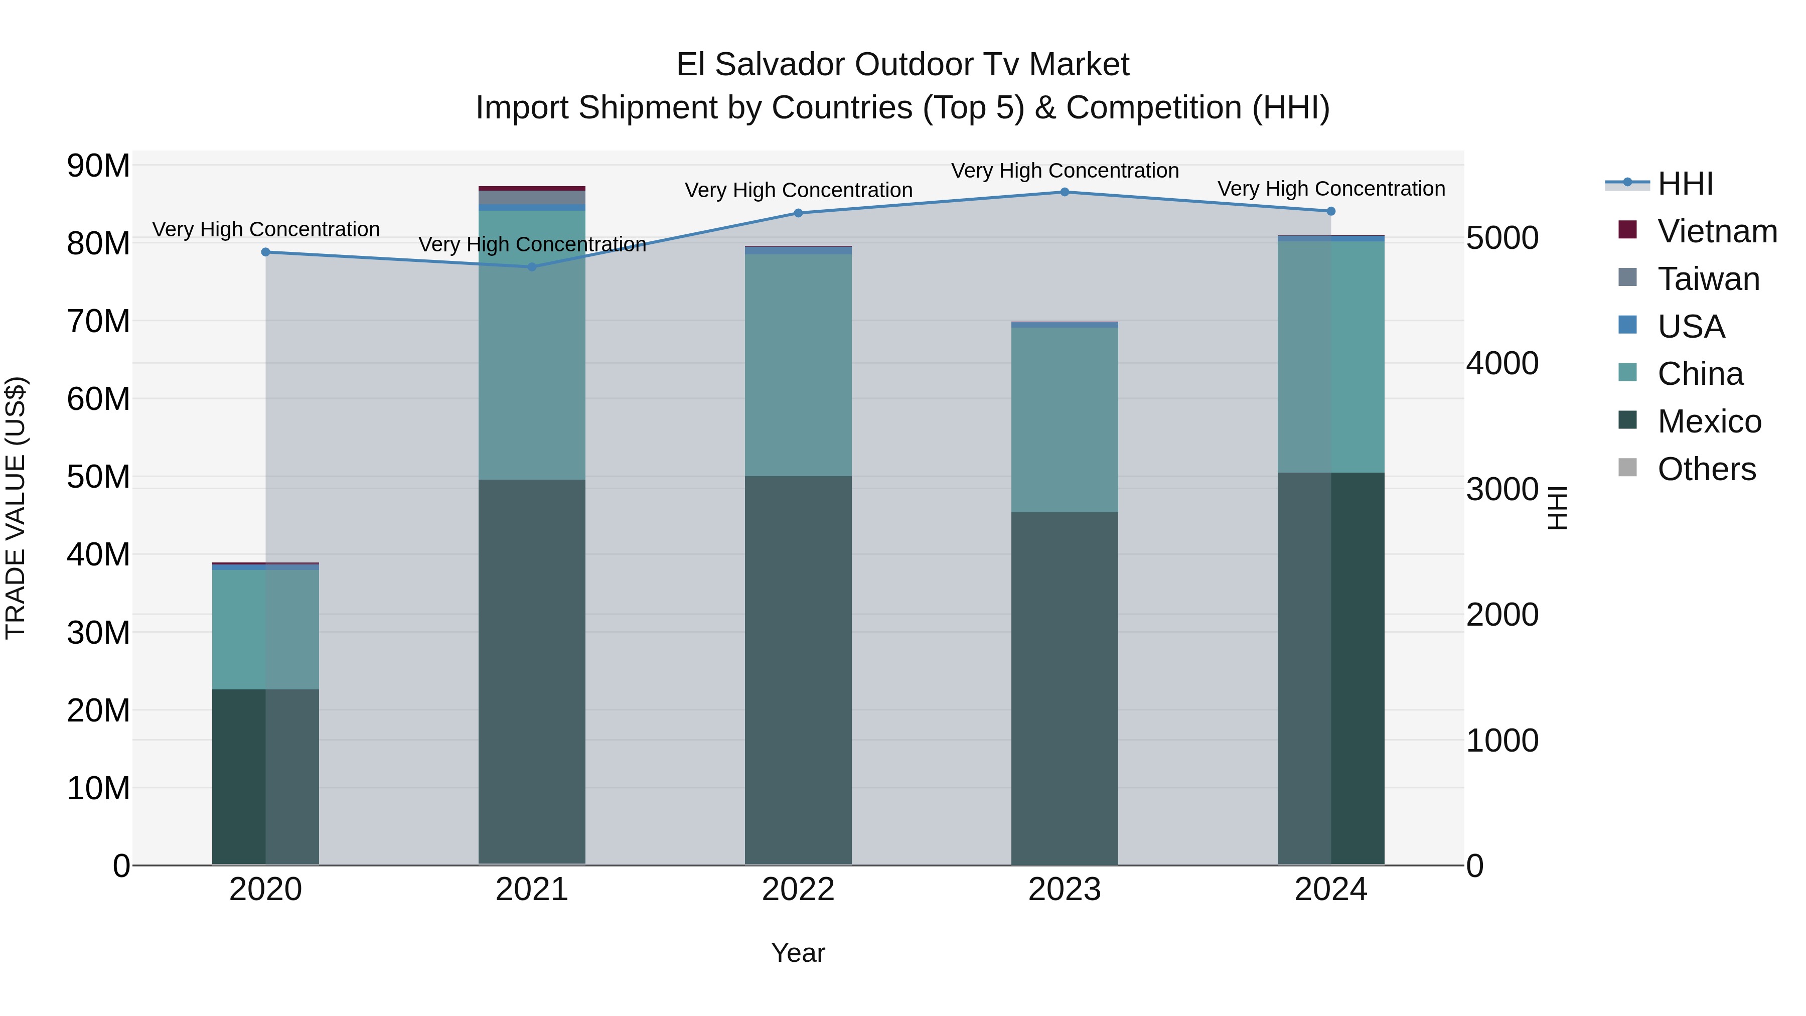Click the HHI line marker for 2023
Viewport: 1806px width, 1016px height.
click(x=1064, y=192)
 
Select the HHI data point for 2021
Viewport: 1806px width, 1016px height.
click(x=531, y=267)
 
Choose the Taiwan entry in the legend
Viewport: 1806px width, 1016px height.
click(x=1708, y=279)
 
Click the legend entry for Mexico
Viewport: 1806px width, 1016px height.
click(x=1709, y=421)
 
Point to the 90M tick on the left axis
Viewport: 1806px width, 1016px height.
click(x=98, y=166)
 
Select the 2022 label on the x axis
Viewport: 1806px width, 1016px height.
click(x=798, y=890)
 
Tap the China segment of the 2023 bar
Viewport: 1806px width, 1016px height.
click(x=1064, y=419)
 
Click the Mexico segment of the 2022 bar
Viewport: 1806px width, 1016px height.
click(x=798, y=670)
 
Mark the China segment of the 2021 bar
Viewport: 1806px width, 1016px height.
click(x=531, y=345)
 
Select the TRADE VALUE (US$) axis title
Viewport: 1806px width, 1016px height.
click(x=16, y=508)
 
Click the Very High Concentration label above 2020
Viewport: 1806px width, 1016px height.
click(x=266, y=229)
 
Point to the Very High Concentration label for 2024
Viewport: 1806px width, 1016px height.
click(x=1330, y=189)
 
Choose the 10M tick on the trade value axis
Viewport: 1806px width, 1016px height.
click(x=98, y=788)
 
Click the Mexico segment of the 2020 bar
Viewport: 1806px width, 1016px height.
click(x=265, y=777)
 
